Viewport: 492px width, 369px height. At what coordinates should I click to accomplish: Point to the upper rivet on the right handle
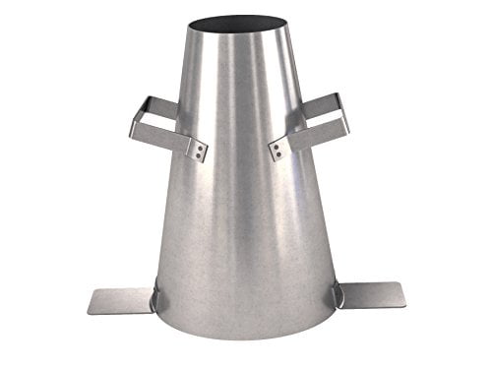(x=277, y=144)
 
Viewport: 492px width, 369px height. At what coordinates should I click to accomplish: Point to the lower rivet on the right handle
(x=277, y=154)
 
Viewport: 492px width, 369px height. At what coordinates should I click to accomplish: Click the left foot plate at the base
(x=120, y=299)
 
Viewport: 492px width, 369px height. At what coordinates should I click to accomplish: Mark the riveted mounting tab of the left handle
(x=197, y=149)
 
